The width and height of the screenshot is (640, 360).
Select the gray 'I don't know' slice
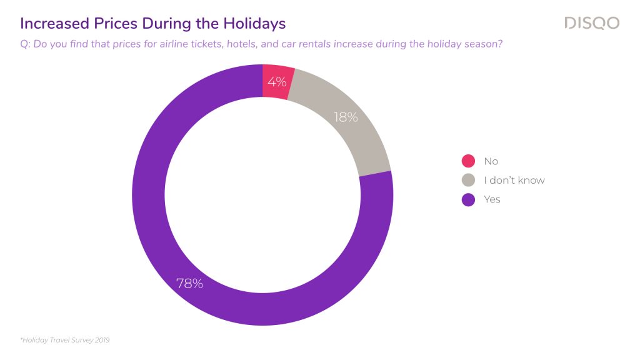[x=347, y=118]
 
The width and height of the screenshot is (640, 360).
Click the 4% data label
[x=277, y=82]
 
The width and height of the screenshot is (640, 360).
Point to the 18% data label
[x=346, y=117]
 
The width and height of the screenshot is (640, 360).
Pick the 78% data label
[x=189, y=283]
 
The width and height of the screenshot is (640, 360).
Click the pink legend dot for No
[x=468, y=161]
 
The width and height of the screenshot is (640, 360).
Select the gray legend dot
[x=468, y=180]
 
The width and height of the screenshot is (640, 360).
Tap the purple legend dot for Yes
[x=468, y=199]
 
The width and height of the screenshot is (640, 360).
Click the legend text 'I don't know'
[x=514, y=180]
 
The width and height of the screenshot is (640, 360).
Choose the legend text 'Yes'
[x=492, y=199]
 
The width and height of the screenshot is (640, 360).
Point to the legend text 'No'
[x=491, y=161]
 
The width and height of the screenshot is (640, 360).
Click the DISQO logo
[x=592, y=23]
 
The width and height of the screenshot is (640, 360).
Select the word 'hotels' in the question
[x=242, y=44]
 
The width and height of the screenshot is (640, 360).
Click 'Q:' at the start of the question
[x=25, y=44]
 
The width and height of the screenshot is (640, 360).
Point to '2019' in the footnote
[x=102, y=340]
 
